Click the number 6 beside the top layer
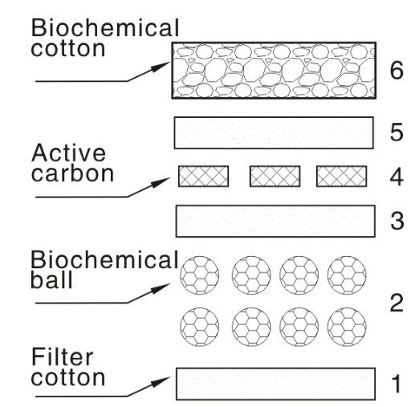397,71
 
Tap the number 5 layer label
397,132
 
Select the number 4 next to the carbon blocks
397,177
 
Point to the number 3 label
397,221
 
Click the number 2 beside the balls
397,303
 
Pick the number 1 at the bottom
397,384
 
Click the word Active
68,153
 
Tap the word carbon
72,173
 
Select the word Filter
63,356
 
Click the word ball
51,279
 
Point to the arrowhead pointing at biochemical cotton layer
161,67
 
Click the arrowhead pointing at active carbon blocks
161,182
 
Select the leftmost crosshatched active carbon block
203,177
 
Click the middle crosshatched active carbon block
275,177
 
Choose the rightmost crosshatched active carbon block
341,177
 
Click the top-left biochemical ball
199,275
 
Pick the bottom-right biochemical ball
347,327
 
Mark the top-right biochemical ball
347,275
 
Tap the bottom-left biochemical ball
199,327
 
